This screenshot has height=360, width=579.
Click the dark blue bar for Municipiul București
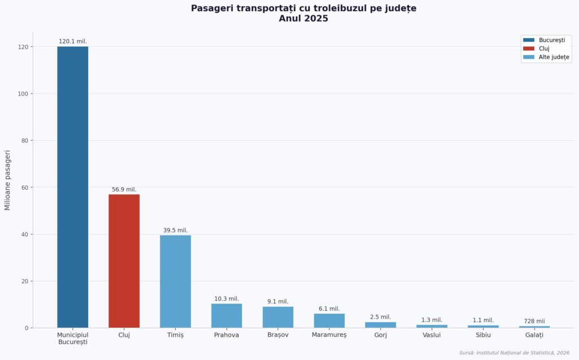72,186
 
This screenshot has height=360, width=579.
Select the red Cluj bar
124,261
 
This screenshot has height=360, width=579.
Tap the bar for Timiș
175,281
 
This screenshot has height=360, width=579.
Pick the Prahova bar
227,315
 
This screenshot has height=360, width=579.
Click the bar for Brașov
278,316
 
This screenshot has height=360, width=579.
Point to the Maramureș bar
329,320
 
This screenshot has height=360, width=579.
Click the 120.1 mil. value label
73,41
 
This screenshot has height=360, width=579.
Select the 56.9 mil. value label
124,189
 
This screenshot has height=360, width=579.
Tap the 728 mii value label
534,321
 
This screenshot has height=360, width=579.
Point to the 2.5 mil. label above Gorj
381,317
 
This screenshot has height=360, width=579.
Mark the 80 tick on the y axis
24,140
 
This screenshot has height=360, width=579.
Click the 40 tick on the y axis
24,234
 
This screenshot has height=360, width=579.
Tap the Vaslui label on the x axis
432,335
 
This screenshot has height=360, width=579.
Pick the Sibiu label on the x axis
483,335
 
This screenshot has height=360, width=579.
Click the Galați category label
534,335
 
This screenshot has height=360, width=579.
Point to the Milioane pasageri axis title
8,180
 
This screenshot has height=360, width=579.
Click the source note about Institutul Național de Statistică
514,353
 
